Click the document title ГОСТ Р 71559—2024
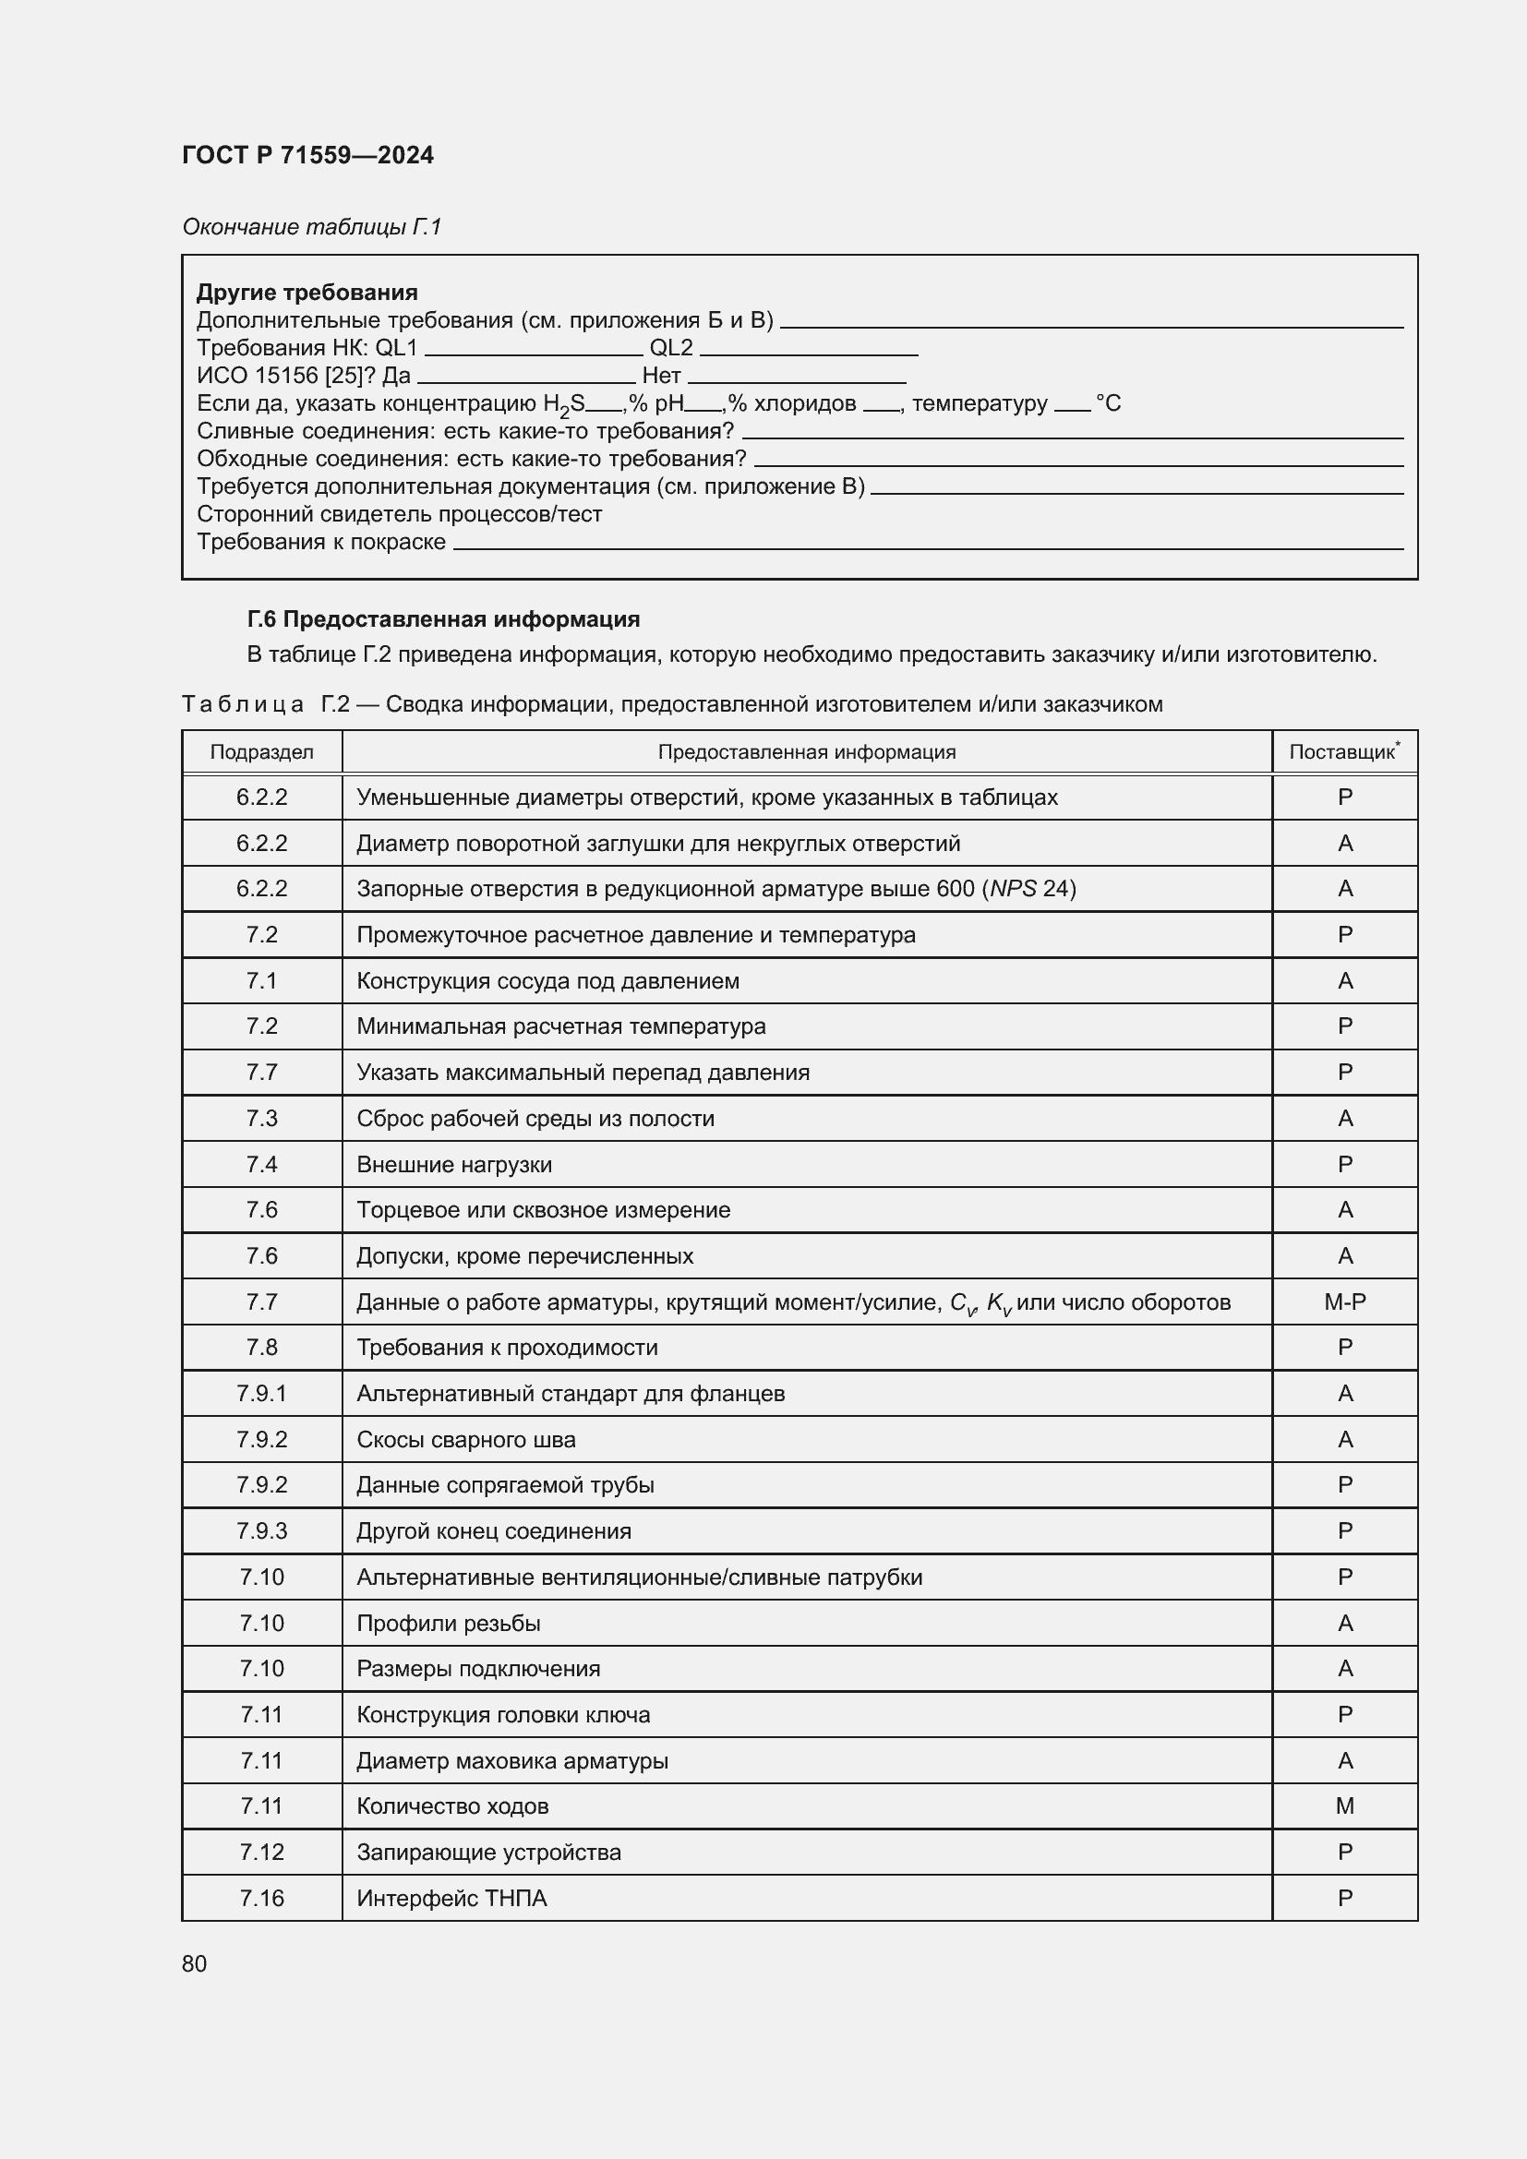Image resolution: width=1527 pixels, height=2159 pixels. pos(307,155)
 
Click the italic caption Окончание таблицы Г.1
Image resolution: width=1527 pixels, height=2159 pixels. pos(311,227)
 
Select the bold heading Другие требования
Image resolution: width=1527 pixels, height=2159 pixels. pos(307,293)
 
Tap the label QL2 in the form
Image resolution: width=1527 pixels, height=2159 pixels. pos(670,348)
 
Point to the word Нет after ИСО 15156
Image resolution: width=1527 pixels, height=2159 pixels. pos(661,375)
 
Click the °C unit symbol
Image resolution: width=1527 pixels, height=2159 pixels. pos(1108,403)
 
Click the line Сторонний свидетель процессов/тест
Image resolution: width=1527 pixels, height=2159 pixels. pos(399,514)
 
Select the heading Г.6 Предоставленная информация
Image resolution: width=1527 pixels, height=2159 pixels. pos(443,618)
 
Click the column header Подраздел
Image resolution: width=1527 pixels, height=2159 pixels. pos(261,752)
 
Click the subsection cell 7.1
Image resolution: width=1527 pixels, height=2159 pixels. pos(261,981)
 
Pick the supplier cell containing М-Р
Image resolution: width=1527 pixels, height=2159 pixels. pos(1344,1301)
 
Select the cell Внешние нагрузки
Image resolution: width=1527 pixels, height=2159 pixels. pos(454,1164)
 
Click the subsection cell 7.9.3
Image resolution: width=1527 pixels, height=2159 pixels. pos(261,1530)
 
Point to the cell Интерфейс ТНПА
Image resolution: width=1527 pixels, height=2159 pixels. pos(451,1898)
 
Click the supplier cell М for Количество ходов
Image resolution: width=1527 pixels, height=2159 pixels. pos(1344,1805)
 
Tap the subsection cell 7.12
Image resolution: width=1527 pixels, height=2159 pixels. pos(261,1852)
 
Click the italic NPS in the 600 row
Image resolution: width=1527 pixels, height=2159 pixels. pos(1013,889)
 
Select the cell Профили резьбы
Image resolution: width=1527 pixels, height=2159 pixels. pos(449,1623)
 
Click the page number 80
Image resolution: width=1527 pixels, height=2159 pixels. pos(195,1963)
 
